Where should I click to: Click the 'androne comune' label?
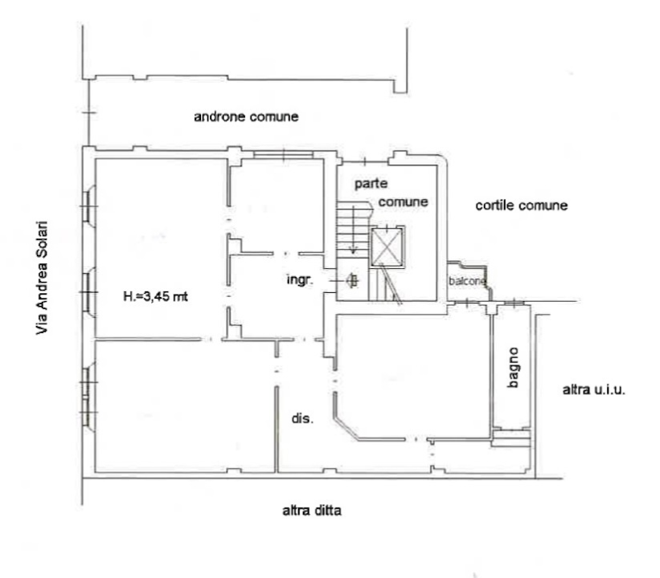pyautogui.click(x=246, y=116)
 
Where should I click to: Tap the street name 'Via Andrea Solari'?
pyautogui.click(x=42, y=278)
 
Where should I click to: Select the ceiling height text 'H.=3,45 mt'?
pyautogui.click(x=155, y=296)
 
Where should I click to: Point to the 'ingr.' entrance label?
pyautogui.click(x=300, y=279)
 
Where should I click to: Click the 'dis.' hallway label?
pyautogui.click(x=302, y=418)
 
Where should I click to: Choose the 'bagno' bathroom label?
pyautogui.click(x=513, y=368)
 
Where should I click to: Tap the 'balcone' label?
pyautogui.click(x=467, y=281)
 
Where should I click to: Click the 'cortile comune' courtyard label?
pyautogui.click(x=521, y=206)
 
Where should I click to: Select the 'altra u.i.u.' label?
pyautogui.click(x=593, y=389)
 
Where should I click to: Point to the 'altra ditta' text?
pyautogui.click(x=311, y=511)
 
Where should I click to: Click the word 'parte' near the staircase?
pyautogui.click(x=371, y=184)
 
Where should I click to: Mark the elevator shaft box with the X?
pyautogui.click(x=387, y=246)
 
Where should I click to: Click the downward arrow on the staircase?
pyautogui.click(x=353, y=230)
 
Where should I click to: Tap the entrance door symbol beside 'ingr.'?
pyautogui.click(x=352, y=280)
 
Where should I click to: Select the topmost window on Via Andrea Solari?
pyautogui.click(x=88, y=206)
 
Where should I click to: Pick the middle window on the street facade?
pyautogui.click(x=88, y=292)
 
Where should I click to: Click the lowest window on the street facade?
pyautogui.click(x=88, y=397)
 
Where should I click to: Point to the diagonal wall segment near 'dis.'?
pyautogui.click(x=346, y=429)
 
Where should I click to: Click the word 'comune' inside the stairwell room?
pyautogui.click(x=403, y=202)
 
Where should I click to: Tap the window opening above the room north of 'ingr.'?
pyautogui.click(x=283, y=155)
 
